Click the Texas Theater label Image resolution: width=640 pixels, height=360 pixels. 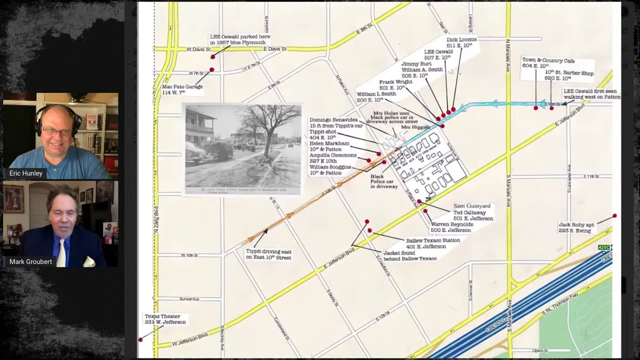[165, 319]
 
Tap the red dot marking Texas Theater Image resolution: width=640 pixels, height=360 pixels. [140, 340]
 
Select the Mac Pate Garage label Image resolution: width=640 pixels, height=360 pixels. [182, 89]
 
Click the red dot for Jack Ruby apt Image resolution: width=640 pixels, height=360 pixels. [614, 216]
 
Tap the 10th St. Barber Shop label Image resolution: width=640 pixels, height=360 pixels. [569, 75]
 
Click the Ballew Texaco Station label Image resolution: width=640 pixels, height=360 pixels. [433, 243]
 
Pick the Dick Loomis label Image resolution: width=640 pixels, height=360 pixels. [461, 42]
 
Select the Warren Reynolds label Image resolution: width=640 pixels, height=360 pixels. [451, 227]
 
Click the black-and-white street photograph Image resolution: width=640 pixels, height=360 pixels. [242, 148]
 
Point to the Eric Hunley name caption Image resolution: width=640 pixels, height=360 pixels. [26, 173]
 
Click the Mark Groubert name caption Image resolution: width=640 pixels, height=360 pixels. [30, 261]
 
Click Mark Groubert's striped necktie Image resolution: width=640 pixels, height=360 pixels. [61, 252]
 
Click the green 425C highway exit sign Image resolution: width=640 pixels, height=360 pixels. [604, 247]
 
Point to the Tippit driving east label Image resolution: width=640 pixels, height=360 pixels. [268, 254]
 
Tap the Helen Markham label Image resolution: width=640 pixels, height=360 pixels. [329, 146]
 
